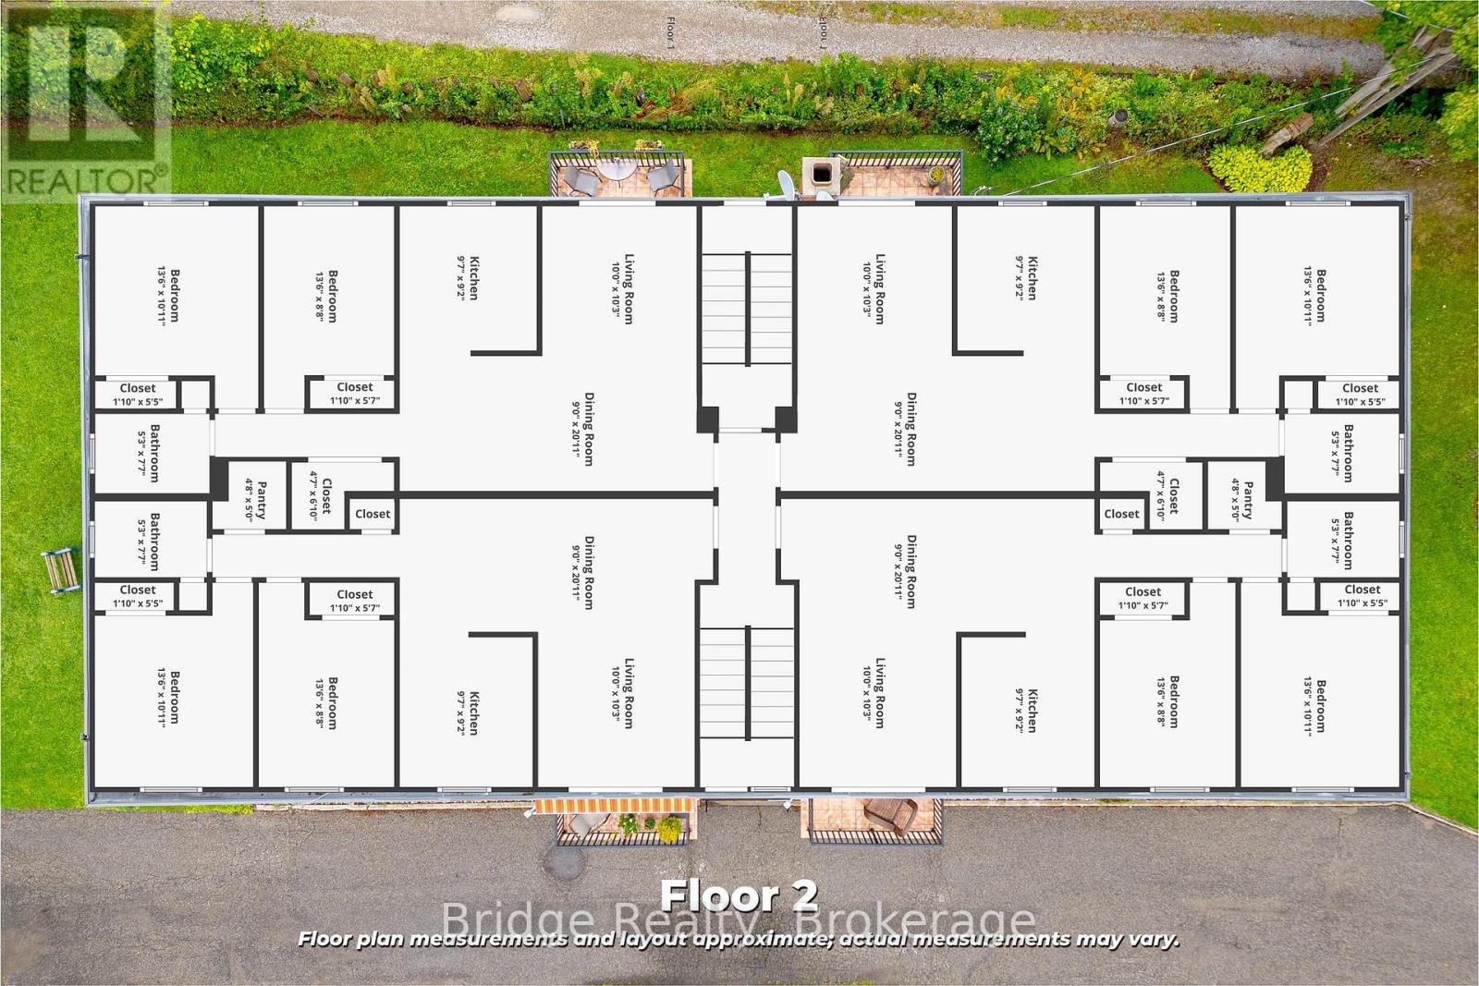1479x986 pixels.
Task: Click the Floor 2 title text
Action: pyautogui.click(x=739, y=895)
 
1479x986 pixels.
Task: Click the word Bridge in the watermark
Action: pyautogui.click(x=518, y=920)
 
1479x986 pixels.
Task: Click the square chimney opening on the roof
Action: pyautogui.click(x=819, y=173)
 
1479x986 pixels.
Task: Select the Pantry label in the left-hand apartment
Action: pyautogui.click(x=256, y=500)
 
